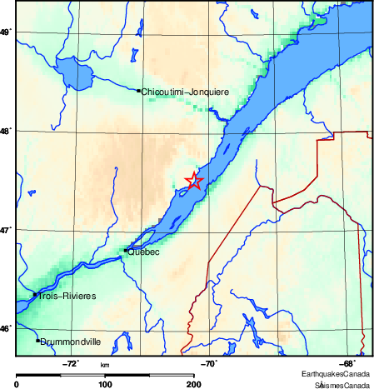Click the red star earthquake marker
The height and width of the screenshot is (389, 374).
(x=193, y=181)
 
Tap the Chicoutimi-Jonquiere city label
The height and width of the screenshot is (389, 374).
(x=185, y=91)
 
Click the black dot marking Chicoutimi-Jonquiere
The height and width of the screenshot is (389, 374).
(x=138, y=90)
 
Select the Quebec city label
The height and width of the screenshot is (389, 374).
(x=143, y=251)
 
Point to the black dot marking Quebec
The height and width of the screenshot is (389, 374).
(x=125, y=250)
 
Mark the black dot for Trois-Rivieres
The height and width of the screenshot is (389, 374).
(x=35, y=294)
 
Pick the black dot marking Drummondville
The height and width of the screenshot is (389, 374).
(x=37, y=340)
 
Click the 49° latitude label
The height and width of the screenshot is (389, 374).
(x=6, y=32)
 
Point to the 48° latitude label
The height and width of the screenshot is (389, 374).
(x=6, y=131)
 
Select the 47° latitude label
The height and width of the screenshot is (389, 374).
(x=6, y=229)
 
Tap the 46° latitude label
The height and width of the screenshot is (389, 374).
(x=6, y=328)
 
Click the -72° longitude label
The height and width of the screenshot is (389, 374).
(x=72, y=363)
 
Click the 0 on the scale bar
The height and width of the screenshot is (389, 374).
(x=17, y=384)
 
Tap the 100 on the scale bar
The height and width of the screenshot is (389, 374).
(x=106, y=384)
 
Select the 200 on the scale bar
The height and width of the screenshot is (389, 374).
(x=194, y=384)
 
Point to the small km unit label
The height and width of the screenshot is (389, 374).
(x=105, y=365)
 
